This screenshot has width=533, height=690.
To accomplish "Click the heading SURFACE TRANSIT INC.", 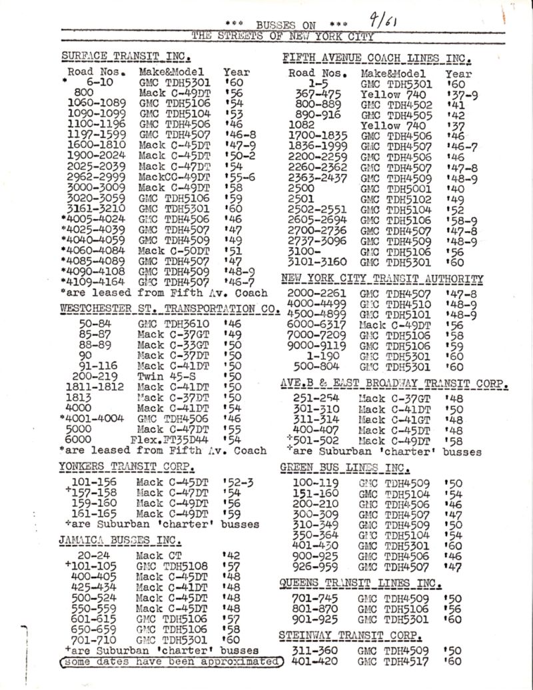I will point(127,55).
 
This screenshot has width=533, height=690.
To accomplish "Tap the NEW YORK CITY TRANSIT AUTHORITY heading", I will point(382,278).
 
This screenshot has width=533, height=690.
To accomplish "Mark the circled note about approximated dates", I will point(171,662).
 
